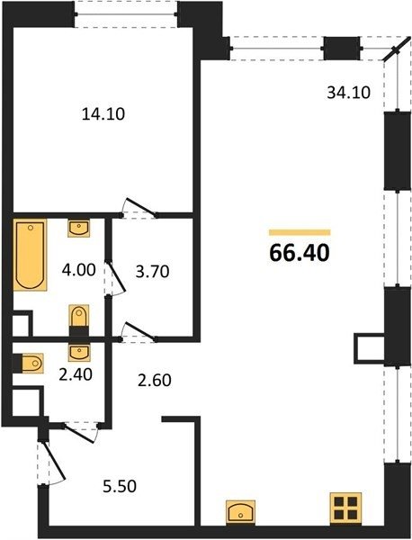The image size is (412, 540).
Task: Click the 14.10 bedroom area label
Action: tap(103, 114)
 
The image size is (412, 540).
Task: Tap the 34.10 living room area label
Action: tap(348, 93)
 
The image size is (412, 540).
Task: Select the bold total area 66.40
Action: tap(300, 253)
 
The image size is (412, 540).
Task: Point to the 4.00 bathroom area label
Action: tap(79, 270)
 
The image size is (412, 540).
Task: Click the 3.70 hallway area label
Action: tap(153, 272)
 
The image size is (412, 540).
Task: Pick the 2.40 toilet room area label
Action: tap(76, 374)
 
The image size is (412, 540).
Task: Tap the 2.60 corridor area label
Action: tap(155, 381)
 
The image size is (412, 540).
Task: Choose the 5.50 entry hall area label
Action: tap(120, 486)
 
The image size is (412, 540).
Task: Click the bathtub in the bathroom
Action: tap(30, 255)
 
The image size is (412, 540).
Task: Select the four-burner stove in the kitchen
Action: tap(346, 509)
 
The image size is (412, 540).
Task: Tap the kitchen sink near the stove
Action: tap(240, 513)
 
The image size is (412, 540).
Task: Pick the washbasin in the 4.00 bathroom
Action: tap(79, 228)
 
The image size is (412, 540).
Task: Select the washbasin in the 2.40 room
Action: tap(79, 352)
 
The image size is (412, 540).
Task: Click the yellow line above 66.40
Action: tap(300, 232)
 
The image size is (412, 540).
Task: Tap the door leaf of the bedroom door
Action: tap(141, 207)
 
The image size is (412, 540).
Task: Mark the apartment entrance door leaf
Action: tap(54, 460)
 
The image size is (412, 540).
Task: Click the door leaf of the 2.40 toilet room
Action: tap(80, 434)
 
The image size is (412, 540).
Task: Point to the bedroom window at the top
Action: tap(126, 14)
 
